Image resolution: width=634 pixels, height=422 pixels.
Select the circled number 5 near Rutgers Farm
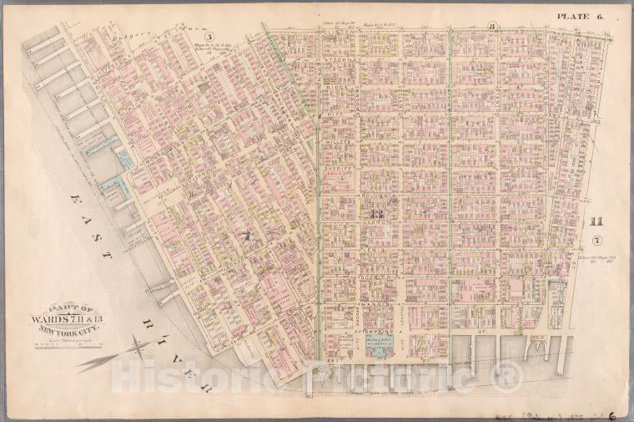point(211,36)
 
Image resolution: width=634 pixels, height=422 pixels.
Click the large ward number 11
point(595,221)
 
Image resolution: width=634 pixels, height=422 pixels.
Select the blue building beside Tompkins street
point(380,348)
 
